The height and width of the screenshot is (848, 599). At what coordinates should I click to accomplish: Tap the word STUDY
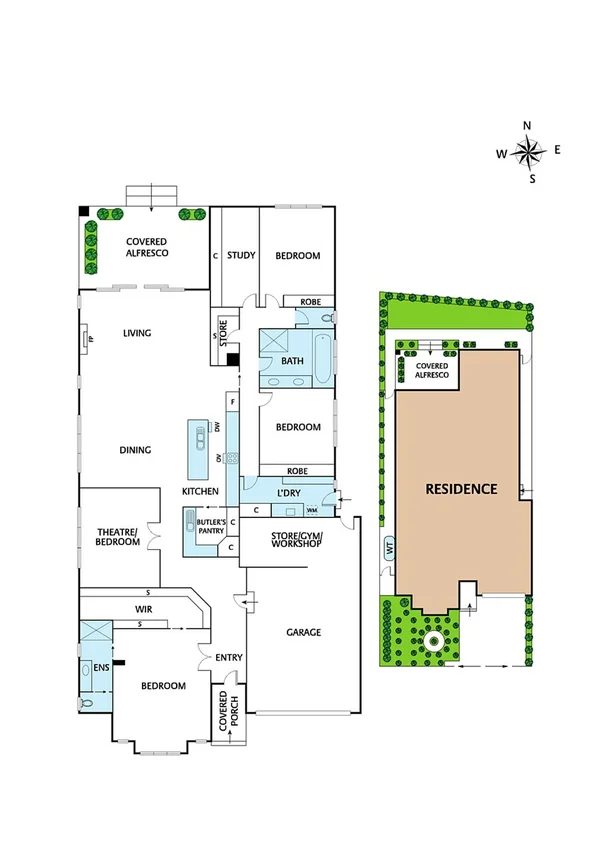240,256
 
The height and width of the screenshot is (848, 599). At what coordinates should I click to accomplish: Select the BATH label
292,361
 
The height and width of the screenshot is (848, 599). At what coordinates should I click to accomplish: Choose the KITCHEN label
200,492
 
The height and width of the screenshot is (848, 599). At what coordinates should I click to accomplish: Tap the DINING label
135,450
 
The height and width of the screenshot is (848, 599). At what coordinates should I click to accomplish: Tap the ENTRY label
229,657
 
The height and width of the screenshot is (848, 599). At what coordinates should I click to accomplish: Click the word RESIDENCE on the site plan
461,490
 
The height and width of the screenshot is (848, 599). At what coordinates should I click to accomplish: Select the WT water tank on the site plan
388,548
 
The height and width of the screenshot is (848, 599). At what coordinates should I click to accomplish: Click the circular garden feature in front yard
434,640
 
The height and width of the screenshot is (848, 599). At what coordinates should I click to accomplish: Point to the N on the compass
528,125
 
